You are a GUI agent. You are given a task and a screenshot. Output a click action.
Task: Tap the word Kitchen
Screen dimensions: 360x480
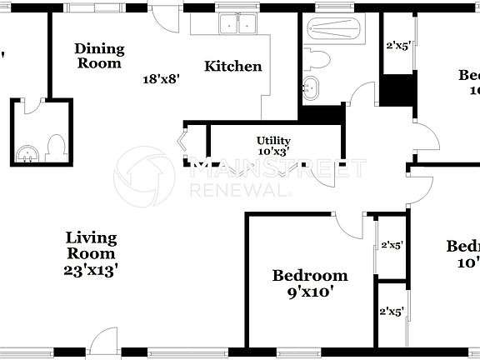point(233,67)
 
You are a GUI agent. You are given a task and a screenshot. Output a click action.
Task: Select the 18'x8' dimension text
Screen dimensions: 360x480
point(162,79)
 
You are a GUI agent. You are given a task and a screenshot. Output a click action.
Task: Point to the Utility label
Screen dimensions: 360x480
point(272,140)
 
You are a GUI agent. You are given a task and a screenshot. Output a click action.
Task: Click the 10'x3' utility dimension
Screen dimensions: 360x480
point(273,152)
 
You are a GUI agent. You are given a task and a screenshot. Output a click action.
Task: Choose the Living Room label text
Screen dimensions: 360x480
point(91,246)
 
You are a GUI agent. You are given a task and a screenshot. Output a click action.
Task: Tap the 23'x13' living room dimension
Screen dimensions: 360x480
point(91,270)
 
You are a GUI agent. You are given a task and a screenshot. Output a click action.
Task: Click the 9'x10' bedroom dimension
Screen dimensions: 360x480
point(310,292)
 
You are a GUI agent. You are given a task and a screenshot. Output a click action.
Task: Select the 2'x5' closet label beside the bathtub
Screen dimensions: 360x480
point(396,47)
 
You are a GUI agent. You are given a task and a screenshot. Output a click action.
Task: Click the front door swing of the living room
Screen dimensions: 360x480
point(104,340)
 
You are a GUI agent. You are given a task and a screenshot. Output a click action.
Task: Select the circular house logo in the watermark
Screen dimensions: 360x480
point(141,174)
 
